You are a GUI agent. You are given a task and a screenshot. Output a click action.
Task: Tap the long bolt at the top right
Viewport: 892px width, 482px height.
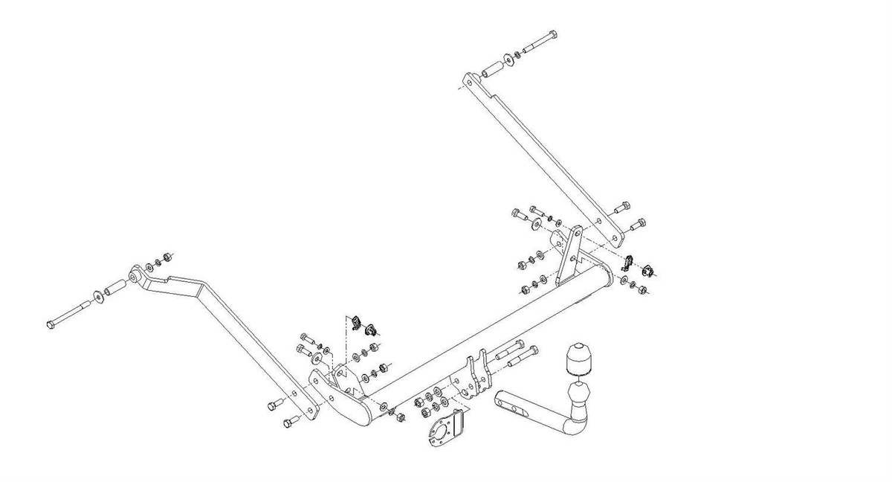(x=540, y=42)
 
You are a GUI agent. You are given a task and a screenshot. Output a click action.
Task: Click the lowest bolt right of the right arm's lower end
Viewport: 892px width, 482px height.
(x=637, y=224)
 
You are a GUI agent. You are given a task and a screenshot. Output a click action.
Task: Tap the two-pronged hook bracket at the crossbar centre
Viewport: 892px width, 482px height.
(x=476, y=376)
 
